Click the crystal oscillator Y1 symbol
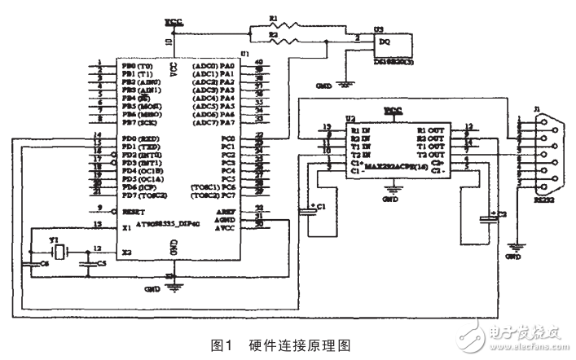[x=57, y=249]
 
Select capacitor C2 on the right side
[x=487, y=217]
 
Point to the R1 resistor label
[x=274, y=17]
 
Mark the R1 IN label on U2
[x=359, y=130]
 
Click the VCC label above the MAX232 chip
[x=393, y=108]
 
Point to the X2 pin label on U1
[x=126, y=252]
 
